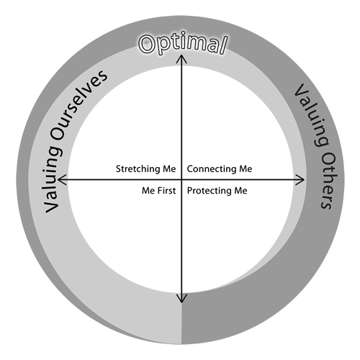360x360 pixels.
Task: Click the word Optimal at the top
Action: tap(183, 43)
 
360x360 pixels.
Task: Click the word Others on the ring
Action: tap(328, 181)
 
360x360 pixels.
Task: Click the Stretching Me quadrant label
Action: tap(145, 169)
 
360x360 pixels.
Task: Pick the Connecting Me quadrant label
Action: tap(220, 169)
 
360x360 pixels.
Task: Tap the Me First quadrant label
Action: tap(158, 191)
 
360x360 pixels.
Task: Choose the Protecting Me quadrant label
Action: tap(217, 191)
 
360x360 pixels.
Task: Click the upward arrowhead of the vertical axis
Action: tap(181, 58)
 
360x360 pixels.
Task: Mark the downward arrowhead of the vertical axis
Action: tap(181, 299)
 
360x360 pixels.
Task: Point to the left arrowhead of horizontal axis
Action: tap(61, 179)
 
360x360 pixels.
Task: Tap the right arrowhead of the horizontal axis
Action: tap(301, 179)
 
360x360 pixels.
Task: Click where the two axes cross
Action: tap(181, 179)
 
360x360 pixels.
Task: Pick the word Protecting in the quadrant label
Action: tap(210, 192)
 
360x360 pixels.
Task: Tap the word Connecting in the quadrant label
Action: tap(212, 169)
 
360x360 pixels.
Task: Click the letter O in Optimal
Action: tap(147, 44)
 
